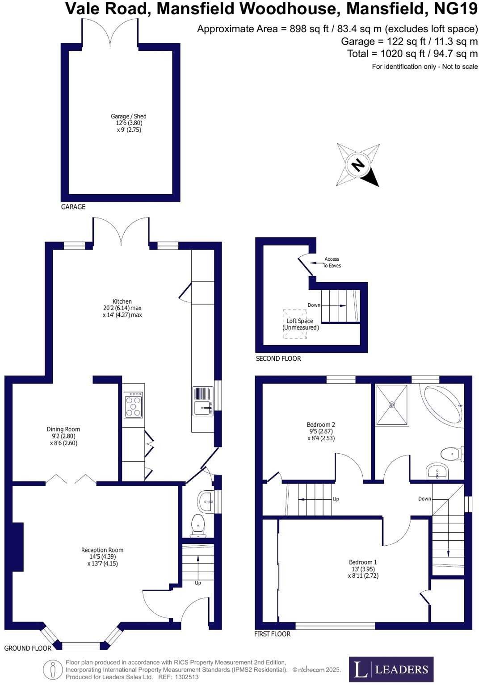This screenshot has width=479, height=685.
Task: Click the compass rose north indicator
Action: point(358,165)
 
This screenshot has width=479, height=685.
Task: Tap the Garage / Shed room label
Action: point(129,123)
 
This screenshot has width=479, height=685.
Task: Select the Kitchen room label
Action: point(122,308)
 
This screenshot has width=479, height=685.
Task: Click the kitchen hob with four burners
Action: point(133,405)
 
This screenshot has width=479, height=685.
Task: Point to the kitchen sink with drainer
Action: point(202,401)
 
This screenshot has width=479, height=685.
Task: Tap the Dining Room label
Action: point(63,436)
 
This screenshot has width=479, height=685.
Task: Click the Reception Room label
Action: point(102,556)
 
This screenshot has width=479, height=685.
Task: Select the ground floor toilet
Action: point(197,525)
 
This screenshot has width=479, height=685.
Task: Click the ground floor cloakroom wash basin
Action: point(206,501)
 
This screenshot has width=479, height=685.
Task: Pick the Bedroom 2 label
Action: point(321,431)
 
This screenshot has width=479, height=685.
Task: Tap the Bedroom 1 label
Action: point(363,569)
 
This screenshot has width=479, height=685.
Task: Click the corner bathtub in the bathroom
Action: point(442,405)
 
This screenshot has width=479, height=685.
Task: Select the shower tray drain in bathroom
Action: point(392,405)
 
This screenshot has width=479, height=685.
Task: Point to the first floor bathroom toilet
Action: point(451,454)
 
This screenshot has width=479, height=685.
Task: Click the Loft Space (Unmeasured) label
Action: point(300,324)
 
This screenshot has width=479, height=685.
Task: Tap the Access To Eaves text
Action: point(332,262)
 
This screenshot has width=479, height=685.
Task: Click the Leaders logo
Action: point(391,669)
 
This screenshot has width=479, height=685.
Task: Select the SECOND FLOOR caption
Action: point(278,359)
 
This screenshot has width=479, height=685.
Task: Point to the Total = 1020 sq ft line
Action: point(412,54)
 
